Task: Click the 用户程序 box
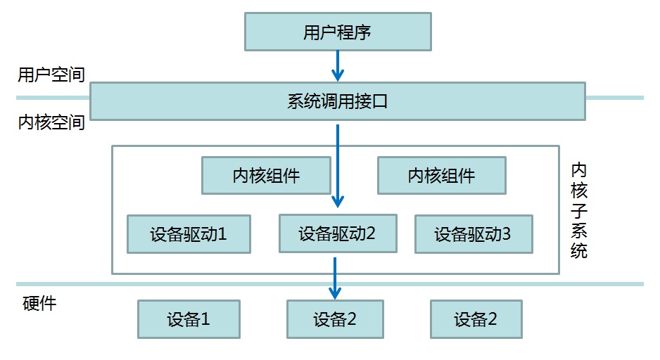pos(337,32)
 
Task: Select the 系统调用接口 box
pos(337,101)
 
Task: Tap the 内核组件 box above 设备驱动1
pos(266,175)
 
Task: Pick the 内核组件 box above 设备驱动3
pos(441,175)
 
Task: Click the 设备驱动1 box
pos(189,234)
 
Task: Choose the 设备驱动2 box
pos(337,233)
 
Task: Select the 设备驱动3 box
pos(474,234)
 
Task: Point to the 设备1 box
pos(189,319)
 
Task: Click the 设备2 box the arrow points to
pos(335,319)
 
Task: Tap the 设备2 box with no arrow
pos(476,319)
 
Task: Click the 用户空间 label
pos(51,75)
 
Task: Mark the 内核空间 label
pos(51,123)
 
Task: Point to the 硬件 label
pos(39,304)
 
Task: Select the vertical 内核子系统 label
pos(578,210)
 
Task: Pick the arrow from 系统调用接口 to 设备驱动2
pos(338,165)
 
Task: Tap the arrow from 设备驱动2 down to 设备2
pos(335,278)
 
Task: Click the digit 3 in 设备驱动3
pos(507,234)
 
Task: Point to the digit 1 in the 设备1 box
pos(205,319)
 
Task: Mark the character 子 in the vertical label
pos(578,210)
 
